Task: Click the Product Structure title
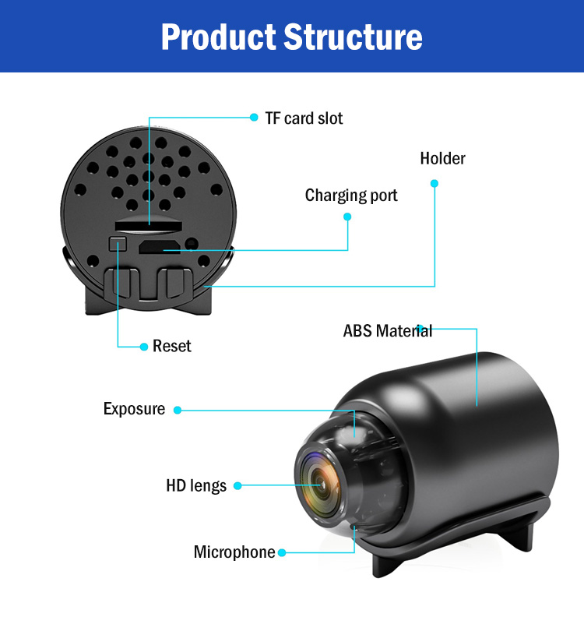291,37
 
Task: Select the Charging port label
351,196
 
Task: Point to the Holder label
442,159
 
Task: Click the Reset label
172,346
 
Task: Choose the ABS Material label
387,330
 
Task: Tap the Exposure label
134,409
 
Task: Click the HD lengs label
196,486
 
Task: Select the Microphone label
234,552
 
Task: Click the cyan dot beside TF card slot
254,118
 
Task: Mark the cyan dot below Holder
434,184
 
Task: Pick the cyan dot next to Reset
143,347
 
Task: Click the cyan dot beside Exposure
178,410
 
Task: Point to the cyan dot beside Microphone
282,553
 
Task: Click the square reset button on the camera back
118,244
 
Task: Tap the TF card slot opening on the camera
153,224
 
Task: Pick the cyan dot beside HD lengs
237,486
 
